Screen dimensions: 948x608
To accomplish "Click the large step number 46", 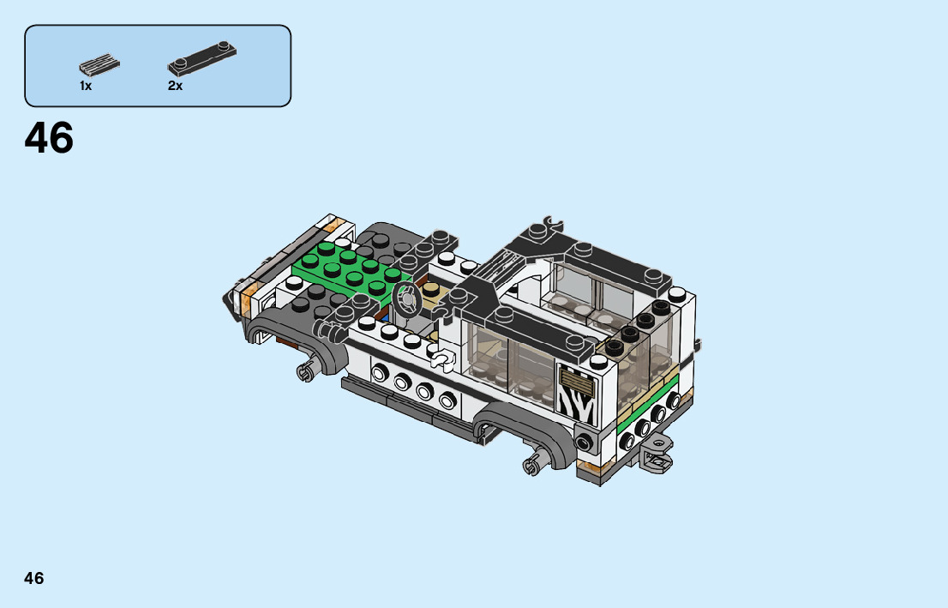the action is (x=49, y=138).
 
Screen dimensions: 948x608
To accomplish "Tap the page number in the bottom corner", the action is (x=34, y=578).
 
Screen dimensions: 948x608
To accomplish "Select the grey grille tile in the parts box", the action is (x=99, y=64).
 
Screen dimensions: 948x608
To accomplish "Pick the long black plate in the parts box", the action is (x=202, y=58).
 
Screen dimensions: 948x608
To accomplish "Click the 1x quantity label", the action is (x=86, y=86).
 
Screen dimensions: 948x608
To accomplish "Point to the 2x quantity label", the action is (x=176, y=86).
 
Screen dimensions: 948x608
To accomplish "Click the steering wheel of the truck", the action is (x=406, y=299).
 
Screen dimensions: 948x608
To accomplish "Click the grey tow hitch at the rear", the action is (x=657, y=453).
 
